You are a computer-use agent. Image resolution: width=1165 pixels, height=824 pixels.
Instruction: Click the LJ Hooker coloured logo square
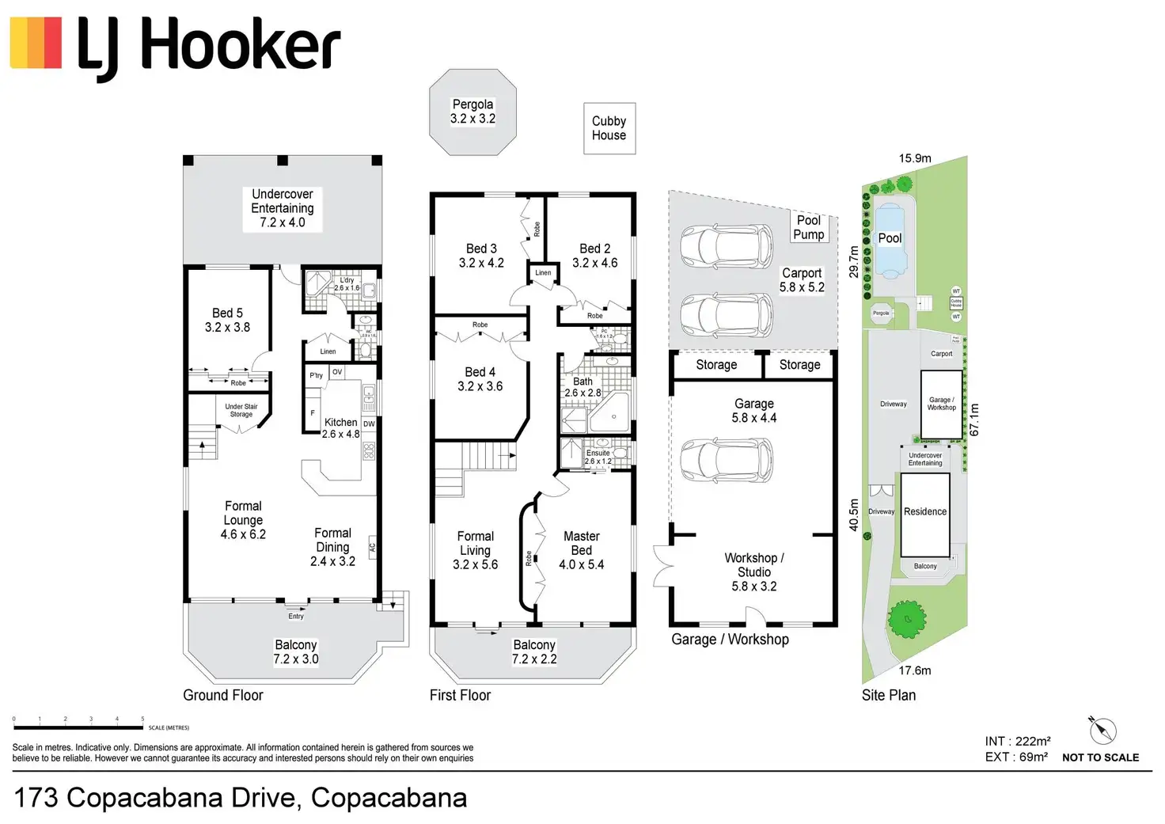pyautogui.click(x=36, y=43)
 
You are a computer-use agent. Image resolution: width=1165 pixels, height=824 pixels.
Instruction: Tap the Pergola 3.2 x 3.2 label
pyautogui.click(x=472, y=112)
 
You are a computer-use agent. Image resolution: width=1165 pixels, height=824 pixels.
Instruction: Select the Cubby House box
pyautogui.click(x=609, y=128)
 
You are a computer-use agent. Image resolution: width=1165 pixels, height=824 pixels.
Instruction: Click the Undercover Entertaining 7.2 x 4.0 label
pyautogui.click(x=283, y=208)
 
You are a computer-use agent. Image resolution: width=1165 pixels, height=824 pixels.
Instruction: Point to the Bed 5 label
pyautogui.click(x=227, y=320)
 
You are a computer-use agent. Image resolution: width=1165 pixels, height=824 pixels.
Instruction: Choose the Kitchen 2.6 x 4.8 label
pyautogui.click(x=341, y=428)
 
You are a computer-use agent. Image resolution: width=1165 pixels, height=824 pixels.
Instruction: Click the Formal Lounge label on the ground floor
pyautogui.click(x=243, y=520)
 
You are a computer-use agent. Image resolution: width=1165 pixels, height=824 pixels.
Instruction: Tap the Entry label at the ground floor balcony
pyautogui.click(x=296, y=616)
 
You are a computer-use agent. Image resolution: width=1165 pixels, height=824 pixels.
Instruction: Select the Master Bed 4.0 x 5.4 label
pyautogui.click(x=582, y=550)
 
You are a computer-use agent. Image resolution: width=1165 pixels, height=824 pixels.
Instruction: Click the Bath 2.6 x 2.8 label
pyautogui.click(x=582, y=387)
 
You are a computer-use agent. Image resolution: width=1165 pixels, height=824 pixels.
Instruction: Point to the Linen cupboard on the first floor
pyautogui.click(x=543, y=273)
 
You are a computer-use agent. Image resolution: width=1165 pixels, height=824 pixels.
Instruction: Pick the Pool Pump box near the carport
pyautogui.click(x=809, y=227)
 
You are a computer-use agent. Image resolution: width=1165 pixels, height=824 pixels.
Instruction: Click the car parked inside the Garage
pyautogui.click(x=727, y=460)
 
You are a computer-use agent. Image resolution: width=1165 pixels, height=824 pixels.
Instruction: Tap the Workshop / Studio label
pyautogui.click(x=754, y=571)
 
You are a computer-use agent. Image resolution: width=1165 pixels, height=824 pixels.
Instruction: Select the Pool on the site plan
pyautogui.click(x=890, y=239)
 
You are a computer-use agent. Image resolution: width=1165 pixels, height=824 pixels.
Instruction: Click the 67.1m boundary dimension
pyautogui.click(x=974, y=420)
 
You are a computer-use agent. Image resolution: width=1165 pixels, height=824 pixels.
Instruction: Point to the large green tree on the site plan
pyautogui.click(x=907, y=619)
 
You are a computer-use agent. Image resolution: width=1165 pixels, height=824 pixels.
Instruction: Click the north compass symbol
pyautogui.click(x=1102, y=730)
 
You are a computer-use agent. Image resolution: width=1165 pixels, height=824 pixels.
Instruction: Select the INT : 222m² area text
pyautogui.click(x=1018, y=742)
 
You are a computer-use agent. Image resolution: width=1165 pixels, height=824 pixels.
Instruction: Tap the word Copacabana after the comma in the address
pyautogui.click(x=389, y=798)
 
